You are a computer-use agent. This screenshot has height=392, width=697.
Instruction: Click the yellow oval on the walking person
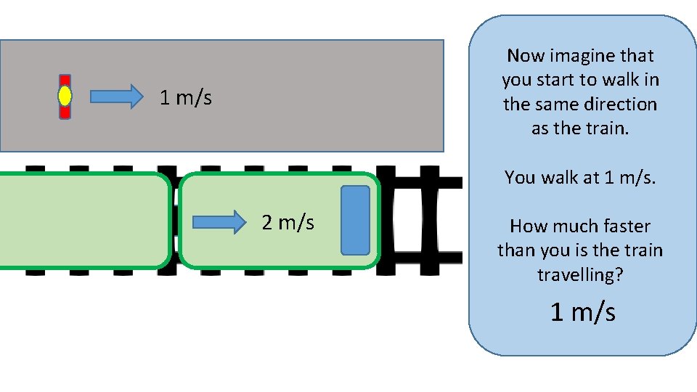(65, 96)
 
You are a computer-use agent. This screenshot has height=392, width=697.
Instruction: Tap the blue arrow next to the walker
(117, 96)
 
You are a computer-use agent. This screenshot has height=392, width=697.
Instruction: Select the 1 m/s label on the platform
(186, 97)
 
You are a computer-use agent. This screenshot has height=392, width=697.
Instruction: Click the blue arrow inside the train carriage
(220, 222)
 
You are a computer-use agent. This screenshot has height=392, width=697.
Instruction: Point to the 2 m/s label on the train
(288, 222)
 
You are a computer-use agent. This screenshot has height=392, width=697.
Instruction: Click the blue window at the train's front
(355, 220)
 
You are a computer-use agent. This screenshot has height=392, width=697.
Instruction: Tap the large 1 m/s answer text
(583, 312)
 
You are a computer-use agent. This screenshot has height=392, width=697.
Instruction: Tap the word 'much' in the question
(571, 226)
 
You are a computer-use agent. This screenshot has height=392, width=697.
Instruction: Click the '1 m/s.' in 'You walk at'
(629, 177)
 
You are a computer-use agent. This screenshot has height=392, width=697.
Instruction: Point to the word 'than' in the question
(515, 250)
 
